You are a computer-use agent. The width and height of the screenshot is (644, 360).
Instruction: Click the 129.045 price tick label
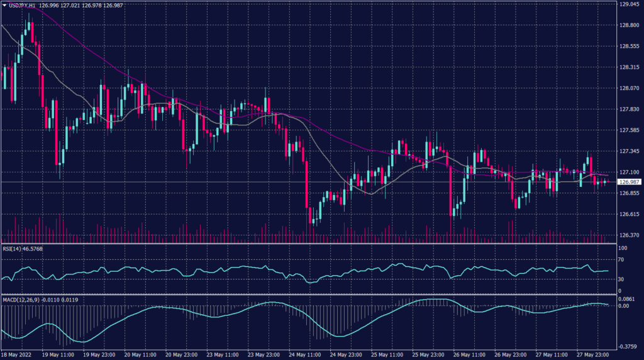629,4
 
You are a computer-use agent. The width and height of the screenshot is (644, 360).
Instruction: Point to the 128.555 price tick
629,47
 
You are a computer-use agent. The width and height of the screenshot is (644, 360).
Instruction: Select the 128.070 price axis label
629,88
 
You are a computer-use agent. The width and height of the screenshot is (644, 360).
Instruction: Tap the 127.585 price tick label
629,130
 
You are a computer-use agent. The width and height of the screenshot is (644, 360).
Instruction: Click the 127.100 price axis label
629,172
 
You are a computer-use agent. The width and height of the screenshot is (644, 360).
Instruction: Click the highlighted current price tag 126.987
630,182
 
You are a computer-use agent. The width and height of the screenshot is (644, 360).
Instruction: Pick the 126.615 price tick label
629,214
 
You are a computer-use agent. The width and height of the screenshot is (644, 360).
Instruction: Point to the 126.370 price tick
629,235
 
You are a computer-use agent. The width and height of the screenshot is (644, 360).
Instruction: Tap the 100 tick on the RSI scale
623,249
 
